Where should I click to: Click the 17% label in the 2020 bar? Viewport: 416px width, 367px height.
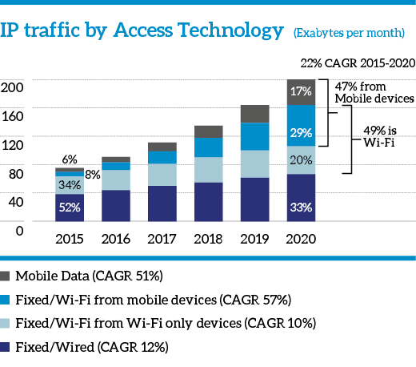(301, 91)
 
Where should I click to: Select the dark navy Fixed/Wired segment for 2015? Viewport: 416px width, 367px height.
(70, 208)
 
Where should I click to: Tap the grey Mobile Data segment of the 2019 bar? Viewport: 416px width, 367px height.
(254, 114)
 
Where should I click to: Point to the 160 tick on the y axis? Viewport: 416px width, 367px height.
(12, 116)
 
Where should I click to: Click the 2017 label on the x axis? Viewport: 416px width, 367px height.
(162, 239)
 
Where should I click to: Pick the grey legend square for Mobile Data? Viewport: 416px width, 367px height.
(5, 276)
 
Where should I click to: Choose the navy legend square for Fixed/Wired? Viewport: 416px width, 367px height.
(5, 347)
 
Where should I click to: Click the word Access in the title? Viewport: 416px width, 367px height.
(143, 30)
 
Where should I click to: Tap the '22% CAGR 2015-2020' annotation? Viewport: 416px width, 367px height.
(358, 63)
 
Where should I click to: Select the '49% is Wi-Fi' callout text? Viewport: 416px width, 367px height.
(380, 136)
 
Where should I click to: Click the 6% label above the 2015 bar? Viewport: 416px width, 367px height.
(70, 159)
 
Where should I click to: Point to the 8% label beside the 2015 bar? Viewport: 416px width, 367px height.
(93, 175)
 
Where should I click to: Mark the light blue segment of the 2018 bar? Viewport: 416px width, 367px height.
(209, 170)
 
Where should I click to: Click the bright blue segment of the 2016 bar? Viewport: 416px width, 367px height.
(116, 166)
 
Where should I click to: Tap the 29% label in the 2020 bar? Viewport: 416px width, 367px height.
(301, 133)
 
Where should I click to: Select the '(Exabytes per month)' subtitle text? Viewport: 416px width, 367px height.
(349, 33)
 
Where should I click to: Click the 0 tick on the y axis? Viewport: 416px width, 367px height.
(19, 231)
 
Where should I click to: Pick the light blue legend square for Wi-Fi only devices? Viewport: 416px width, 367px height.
(5, 323)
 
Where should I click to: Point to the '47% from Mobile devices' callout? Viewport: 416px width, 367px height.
(374, 92)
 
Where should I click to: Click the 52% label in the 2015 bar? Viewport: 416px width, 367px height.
(70, 208)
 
